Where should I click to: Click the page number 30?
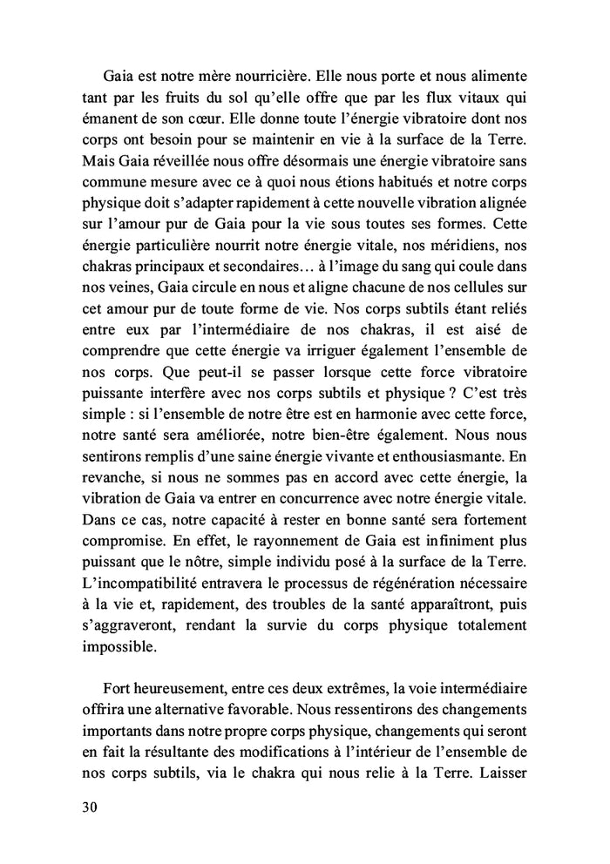click(89, 806)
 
